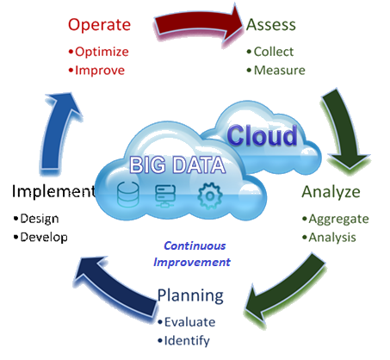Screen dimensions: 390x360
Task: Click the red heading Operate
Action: (99, 25)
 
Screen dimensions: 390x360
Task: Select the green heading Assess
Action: (271, 25)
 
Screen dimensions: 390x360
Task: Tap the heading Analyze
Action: (331, 192)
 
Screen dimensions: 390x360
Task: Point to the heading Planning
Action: (190, 295)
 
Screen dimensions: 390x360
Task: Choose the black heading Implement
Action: (53, 191)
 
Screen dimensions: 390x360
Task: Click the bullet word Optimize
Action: (102, 52)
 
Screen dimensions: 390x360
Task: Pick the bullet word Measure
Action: (280, 71)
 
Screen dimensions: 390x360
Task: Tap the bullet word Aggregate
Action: (338, 220)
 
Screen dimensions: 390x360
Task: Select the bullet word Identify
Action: (187, 341)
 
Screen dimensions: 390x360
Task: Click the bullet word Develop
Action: (44, 238)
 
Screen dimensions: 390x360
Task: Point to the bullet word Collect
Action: (274, 52)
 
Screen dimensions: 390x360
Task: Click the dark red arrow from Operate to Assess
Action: (196, 23)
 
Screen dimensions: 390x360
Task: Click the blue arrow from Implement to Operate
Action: (58, 132)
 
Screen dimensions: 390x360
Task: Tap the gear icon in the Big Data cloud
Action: (210, 196)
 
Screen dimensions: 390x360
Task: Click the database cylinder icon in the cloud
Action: (128, 195)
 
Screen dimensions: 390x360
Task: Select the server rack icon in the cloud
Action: (165, 196)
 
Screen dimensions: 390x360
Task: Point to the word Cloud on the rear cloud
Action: (263, 135)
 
